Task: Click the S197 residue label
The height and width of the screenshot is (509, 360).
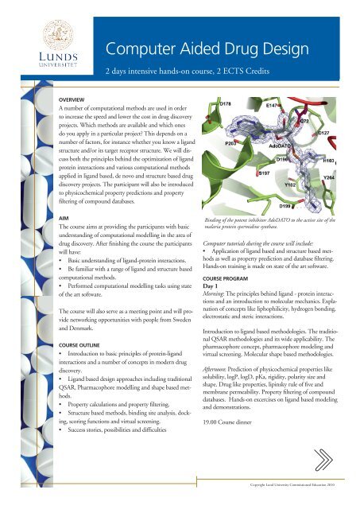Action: coord(266,172)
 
